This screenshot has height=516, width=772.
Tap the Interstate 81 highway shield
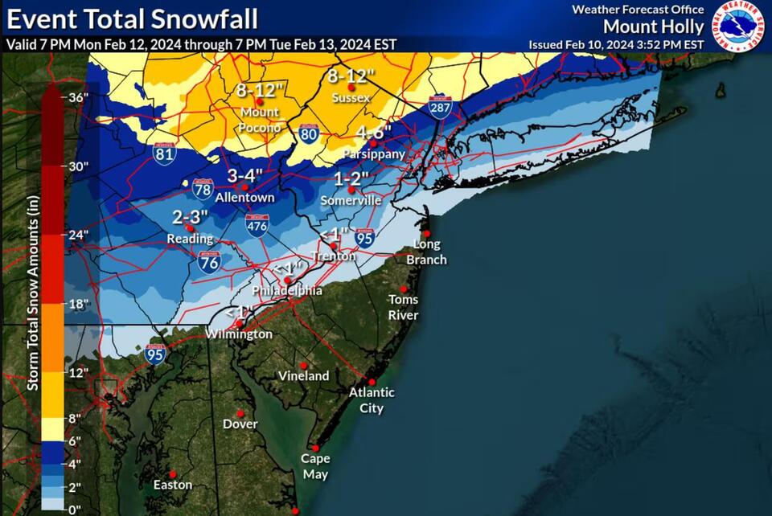(x=163, y=153)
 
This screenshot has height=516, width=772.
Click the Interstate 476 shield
(x=257, y=226)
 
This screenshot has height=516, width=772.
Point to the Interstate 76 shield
(x=209, y=261)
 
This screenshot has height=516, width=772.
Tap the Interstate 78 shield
(x=203, y=189)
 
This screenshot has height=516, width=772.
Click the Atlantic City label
(x=372, y=399)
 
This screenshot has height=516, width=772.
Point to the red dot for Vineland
(x=304, y=364)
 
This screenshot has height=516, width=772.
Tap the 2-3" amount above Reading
(x=191, y=216)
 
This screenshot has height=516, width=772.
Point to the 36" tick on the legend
(x=77, y=99)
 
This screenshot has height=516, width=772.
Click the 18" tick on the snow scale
(x=77, y=303)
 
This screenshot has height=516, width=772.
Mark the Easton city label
(x=174, y=485)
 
